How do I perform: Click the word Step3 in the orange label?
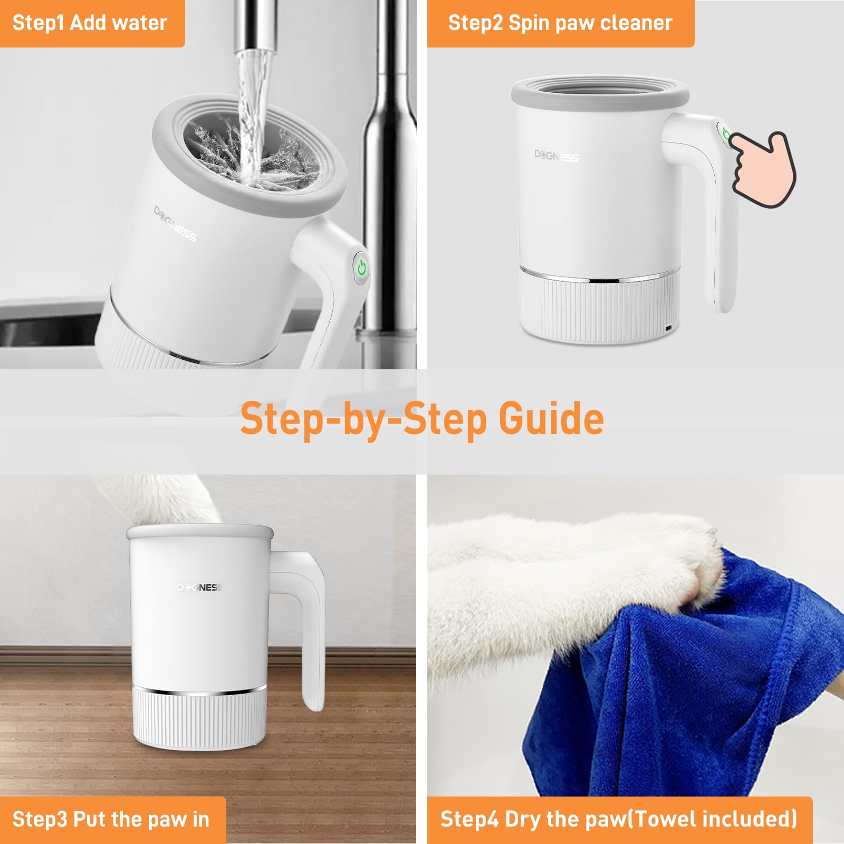40,819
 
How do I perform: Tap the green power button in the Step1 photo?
362,268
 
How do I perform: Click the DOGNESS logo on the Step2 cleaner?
556,156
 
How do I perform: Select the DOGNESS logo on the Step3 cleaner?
199,587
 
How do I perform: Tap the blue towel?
686,702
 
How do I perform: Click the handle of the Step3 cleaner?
311,633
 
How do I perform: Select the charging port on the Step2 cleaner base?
668,329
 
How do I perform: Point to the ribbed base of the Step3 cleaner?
199,720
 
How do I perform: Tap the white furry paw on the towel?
580,570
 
